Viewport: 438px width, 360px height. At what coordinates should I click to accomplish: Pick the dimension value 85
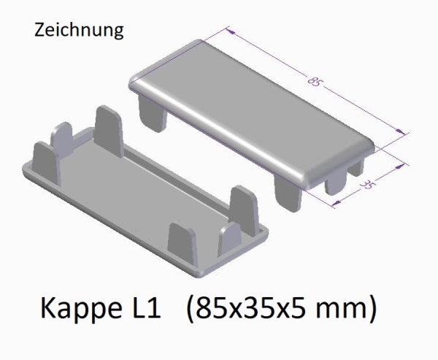315,83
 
